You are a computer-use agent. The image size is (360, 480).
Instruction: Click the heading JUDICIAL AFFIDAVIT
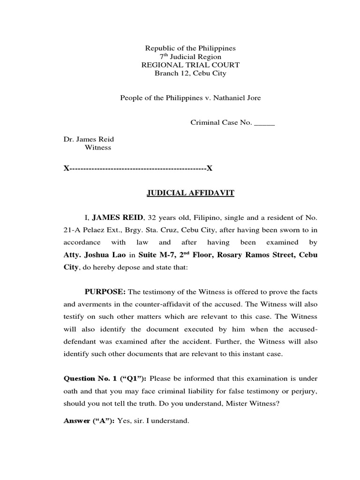click(x=184, y=193)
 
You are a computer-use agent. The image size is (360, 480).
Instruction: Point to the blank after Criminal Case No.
click(x=264, y=123)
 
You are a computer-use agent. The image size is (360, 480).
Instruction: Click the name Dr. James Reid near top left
click(x=89, y=139)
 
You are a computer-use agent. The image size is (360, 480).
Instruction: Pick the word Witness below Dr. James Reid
click(x=97, y=147)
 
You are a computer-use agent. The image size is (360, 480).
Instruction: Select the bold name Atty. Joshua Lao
click(x=96, y=255)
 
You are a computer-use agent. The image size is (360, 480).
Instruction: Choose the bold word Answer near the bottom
click(x=76, y=421)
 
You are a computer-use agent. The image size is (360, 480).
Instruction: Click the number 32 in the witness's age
click(x=152, y=218)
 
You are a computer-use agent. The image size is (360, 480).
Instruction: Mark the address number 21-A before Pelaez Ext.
click(x=72, y=230)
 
